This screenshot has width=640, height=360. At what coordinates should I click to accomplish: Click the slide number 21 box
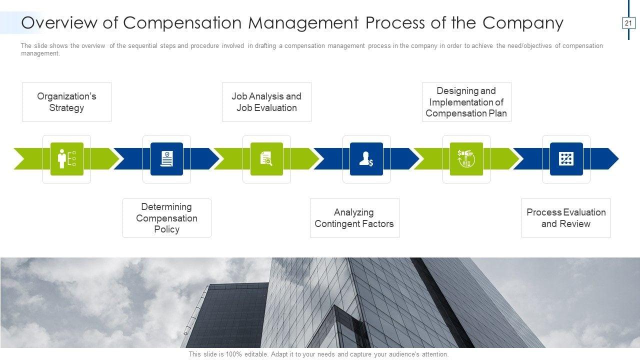click(x=628, y=23)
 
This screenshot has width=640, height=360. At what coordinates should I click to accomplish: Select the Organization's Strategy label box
click(x=66, y=102)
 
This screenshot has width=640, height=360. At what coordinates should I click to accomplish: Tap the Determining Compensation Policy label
click(x=166, y=218)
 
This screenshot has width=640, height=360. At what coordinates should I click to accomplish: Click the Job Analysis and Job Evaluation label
click(x=266, y=102)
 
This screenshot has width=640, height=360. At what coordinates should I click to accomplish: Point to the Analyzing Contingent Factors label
click(x=354, y=218)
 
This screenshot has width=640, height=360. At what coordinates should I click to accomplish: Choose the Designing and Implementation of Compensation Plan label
click(x=466, y=102)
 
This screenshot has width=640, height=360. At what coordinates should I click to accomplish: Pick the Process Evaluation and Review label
click(x=566, y=218)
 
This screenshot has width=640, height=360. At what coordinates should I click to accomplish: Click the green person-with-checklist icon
click(x=66, y=159)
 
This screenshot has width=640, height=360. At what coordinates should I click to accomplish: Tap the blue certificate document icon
click(x=166, y=159)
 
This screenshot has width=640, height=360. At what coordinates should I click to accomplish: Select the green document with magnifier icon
click(x=266, y=159)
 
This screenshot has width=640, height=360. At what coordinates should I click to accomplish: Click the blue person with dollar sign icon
click(x=366, y=159)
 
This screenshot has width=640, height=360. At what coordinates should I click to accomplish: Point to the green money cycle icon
click(x=466, y=159)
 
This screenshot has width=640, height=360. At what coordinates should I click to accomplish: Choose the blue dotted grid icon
click(x=566, y=159)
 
